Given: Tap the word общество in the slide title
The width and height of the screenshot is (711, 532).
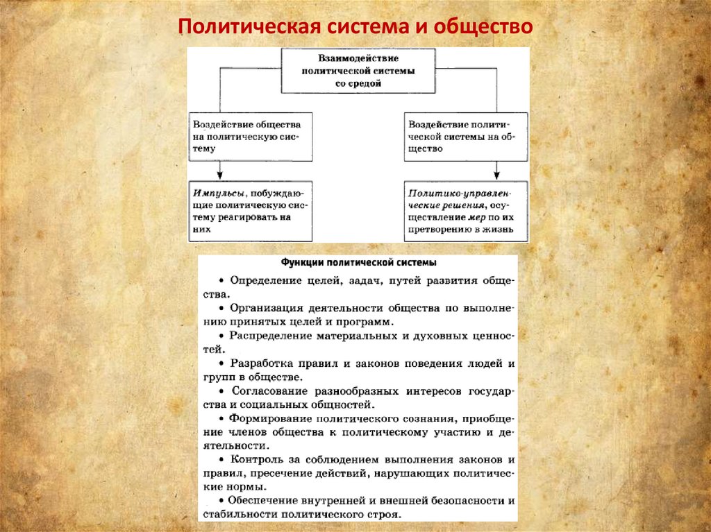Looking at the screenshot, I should pyautogui.click(x=484, y=28).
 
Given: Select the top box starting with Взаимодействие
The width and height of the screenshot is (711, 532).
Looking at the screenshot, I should pyautogui.click(x=358, y=71).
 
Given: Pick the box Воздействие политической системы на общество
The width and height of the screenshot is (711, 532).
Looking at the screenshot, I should pyautogui.click(x=465, y=137).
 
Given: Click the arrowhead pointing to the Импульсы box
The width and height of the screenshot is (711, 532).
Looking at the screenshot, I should pyautogui.click(x=220, y=175).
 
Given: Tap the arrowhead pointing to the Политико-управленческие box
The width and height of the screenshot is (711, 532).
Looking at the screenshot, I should pyautogui.click(x=497, y=175).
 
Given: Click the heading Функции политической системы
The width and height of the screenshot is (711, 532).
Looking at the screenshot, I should pyautogui.click(x=358, y=264).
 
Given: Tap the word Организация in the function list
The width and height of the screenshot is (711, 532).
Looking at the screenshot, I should pyautogui.click(x=266, y=309).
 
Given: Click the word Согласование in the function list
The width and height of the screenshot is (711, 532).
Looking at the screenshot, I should pyautogui.click(x=270, y=391).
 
